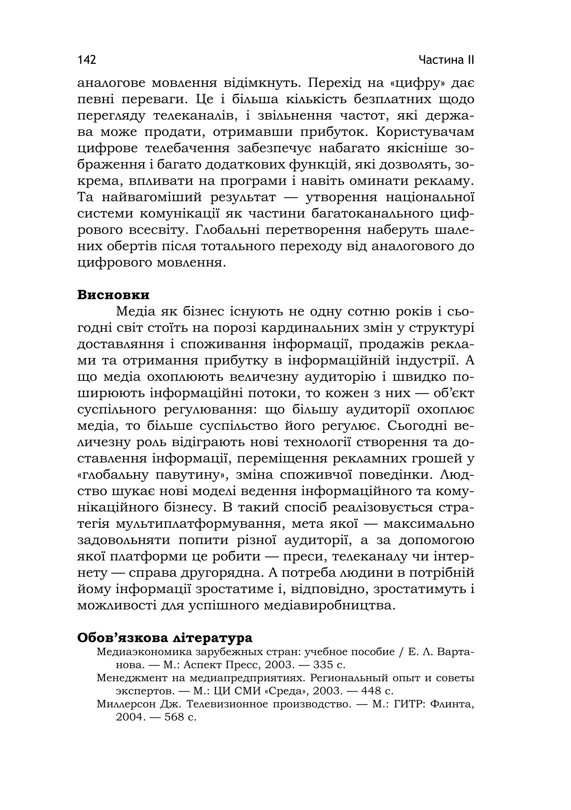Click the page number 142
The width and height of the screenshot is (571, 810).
(x=86, y=60)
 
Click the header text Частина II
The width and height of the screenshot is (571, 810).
(x=446, y=60)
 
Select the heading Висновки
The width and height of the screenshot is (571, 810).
(x=113, y=295)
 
